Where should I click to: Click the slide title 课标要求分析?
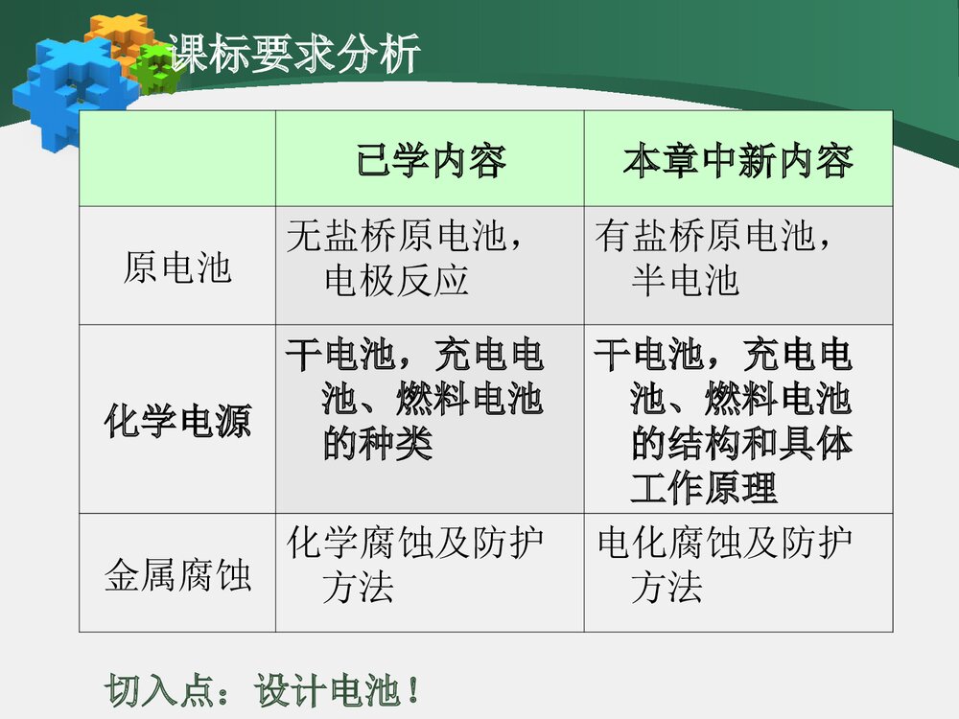click(x=293, y=54)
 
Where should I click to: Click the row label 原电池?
click(x=177, y=267)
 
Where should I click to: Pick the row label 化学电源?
click(x=177, y=422)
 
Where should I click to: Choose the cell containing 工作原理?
click(x=724, y=422)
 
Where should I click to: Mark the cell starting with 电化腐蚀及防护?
click(x=725, y=566)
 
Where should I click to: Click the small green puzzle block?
click(x=154, y=68)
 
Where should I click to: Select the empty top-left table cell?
click(x=177, y=158)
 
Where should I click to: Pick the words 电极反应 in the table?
click(x=396, y=281)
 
